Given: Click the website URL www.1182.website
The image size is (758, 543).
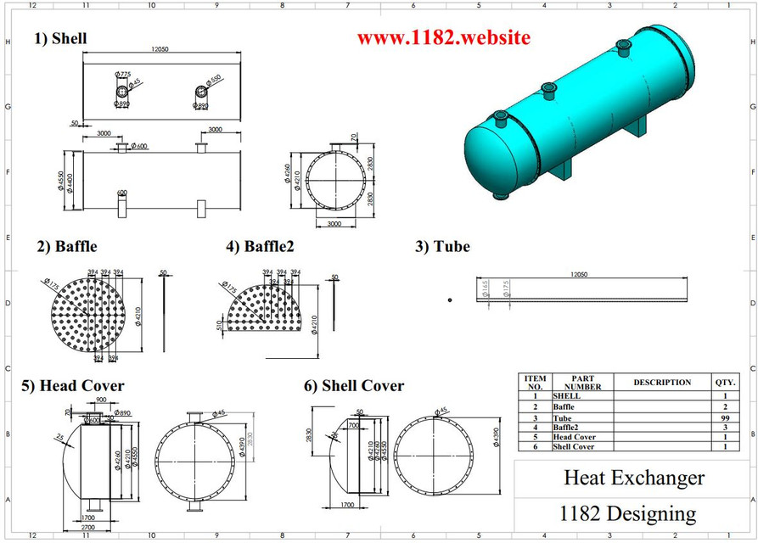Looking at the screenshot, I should tap(443, 38).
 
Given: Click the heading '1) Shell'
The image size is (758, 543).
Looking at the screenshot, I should tap(60, 38).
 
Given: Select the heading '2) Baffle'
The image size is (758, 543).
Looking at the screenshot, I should tap(67, 247).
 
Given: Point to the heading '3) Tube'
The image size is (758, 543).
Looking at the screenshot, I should tap(441, 247).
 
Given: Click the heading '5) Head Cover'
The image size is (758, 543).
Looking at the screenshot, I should tap(73, 386).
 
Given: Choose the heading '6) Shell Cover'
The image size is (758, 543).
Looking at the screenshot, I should tap(354, 386).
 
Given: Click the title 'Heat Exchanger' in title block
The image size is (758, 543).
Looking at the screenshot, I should tap(634, 478).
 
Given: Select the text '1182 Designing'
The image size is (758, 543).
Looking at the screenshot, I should tap(627, 513).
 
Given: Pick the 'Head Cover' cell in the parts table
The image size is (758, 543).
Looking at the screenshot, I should tap(574, 437).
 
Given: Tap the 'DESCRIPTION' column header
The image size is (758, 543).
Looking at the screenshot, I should tap(662, 383).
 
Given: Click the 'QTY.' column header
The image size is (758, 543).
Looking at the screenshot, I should tap(725, 383).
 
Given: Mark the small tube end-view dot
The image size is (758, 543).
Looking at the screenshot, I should tap(450, 299).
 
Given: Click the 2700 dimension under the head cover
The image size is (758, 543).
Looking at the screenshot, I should tap(88, 527).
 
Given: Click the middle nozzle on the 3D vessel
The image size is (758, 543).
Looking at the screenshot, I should tap(547, 87).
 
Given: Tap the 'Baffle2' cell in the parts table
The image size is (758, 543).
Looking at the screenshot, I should tap(567, 427).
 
